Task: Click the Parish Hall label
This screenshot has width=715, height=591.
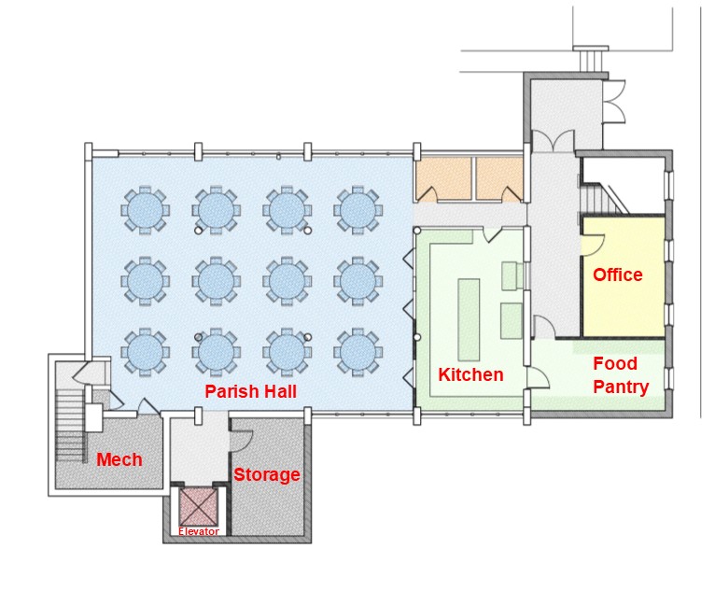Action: (250, 391)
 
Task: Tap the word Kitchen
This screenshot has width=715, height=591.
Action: (470, 374)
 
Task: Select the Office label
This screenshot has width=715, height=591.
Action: (617, 274)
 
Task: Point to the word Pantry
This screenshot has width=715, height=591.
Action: (621, 387)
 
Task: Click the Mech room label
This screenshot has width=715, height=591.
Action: (119, 459)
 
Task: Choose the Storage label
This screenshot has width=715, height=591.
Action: (267, 474)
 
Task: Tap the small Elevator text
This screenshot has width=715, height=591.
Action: (199, 531)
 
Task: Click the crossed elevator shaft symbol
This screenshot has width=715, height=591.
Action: (199, 507)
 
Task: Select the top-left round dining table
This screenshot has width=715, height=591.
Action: (145, 210)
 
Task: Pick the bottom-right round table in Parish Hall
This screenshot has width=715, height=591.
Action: (357, 352)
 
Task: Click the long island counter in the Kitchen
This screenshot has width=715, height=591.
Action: (469, 319)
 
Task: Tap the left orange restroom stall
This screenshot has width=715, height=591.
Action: (443, 178)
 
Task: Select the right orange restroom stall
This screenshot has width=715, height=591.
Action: (498, 178)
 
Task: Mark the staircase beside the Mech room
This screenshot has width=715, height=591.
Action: (71, 426)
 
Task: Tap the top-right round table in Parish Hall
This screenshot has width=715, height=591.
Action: (357, 210)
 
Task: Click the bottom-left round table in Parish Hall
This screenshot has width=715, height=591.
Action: (145, 352)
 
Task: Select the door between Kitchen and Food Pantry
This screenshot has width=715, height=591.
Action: (538, 376)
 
